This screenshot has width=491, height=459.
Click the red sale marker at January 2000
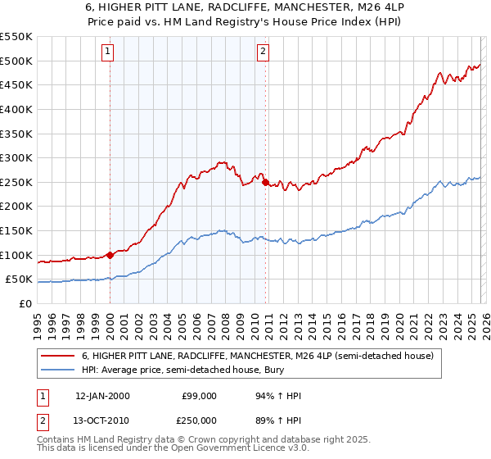110,255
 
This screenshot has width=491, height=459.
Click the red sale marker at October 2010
265,183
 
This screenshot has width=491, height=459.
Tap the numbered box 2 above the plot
263,52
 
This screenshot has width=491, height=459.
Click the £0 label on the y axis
25,303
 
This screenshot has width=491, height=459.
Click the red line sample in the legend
58,356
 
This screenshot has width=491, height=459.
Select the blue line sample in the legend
58,370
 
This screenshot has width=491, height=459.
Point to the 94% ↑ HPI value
278,396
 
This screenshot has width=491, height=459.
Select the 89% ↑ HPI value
278,420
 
